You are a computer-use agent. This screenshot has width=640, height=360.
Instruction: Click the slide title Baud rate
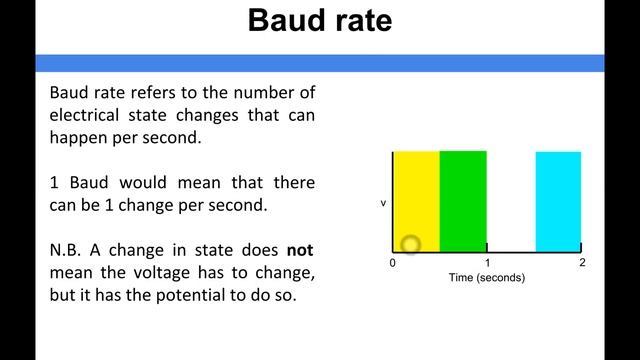[x=320, y=22]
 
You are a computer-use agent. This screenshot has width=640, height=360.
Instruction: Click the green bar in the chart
[x=463, y=200]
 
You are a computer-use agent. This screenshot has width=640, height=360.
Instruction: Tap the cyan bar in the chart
[x=558, y=201]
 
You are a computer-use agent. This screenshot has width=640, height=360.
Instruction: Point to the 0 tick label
[x=393, y=263]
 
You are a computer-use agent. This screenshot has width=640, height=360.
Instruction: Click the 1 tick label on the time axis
[x=487, y=263]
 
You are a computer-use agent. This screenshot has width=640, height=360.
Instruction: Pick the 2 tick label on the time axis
[x=582, y=263]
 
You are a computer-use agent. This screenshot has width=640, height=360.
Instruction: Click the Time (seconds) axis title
[x=487, y=278]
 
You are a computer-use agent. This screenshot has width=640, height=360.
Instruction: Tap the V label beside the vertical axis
[x=383, y=203]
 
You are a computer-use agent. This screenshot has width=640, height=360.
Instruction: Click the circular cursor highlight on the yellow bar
[x=410, y=243]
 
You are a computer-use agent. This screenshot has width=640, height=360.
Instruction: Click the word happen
[x=76, y=138]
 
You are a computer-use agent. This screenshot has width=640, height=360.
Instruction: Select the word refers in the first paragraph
[x=162, y=92]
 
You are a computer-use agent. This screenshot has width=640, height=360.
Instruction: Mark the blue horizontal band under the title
[x=320, y=62]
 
